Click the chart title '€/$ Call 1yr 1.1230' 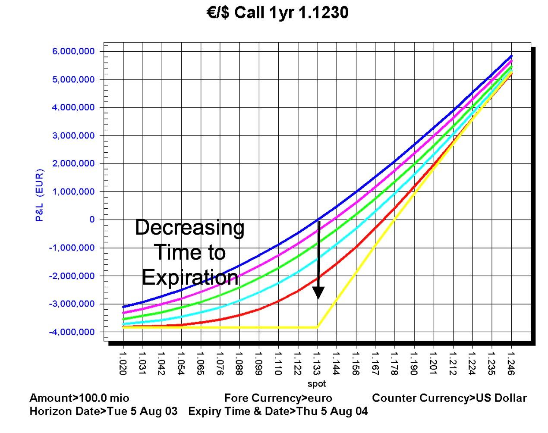coord(277,13)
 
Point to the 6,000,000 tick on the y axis coord(73,51)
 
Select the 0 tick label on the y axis coord(91,220)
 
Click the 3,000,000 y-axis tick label coord(73,135)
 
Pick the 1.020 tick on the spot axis coord(123,364)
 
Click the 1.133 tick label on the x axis coord(317,364)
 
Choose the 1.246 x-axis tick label coord(511,364)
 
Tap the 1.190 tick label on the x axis coord(414,364)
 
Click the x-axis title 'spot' coord(317,383)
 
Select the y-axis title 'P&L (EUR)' coord(39,195)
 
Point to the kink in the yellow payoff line coord(318,327)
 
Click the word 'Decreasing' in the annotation coord(190,227)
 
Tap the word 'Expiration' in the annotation coord(190,277)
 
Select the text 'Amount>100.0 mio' coord(79,398)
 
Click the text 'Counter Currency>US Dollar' coord(449,398)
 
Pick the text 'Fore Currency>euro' coord(278,398)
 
